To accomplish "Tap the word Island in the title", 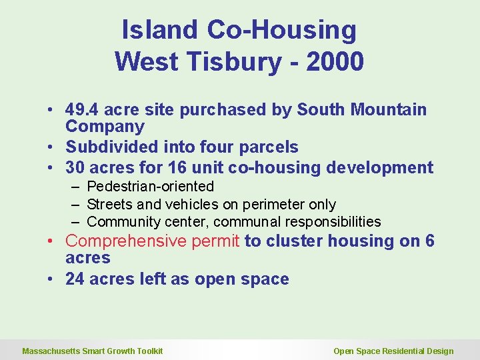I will (160, 30).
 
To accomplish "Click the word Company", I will (105, 127).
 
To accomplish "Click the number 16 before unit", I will (189, 167).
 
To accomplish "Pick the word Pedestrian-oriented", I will (150, 187).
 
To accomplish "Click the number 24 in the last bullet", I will (75, 279).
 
